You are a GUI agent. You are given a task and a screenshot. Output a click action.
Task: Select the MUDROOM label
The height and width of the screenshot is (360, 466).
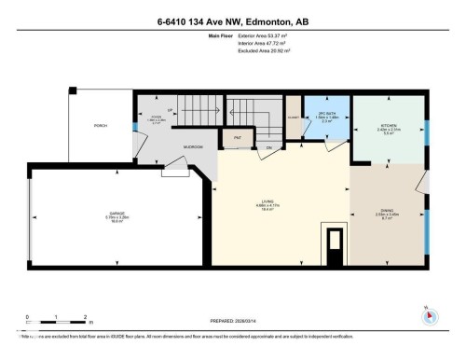[x=193, y=147]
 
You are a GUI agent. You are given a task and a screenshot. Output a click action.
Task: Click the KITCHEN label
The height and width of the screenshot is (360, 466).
[x=389, y=127]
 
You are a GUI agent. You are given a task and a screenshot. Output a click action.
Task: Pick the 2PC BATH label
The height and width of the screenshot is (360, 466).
[x=326, y=117]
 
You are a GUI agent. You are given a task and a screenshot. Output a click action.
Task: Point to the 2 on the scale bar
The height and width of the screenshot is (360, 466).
[x=85, y=317]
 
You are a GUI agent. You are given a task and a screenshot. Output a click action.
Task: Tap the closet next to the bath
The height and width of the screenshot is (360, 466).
[x=293, y=118]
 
